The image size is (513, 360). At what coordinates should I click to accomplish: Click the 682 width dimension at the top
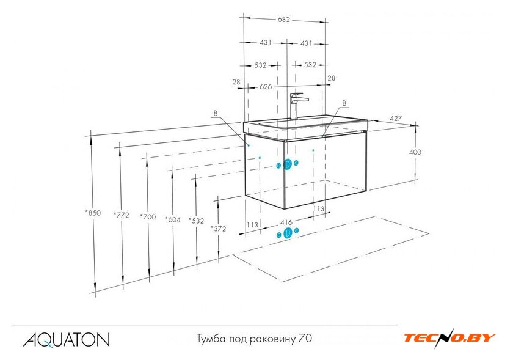(x=283, y=20)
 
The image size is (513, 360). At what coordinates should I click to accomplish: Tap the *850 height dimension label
(x=93, y=213)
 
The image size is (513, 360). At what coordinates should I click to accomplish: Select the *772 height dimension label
(x=122, y=215)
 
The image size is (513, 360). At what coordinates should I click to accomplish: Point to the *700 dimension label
(x=148, y=216)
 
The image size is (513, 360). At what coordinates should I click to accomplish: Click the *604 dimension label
(x=173, y=219)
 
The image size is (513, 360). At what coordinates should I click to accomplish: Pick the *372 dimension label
(x=218, y=229)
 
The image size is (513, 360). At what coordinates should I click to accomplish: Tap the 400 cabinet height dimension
(x=415, y=152)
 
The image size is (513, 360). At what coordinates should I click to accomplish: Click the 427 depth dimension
(x=396, y=118)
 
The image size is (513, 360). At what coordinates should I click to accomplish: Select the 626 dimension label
(x=266, y=87)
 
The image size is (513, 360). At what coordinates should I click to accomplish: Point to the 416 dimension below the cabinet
(x=286, y=222)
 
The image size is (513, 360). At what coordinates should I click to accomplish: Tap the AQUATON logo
(x=67, y=340)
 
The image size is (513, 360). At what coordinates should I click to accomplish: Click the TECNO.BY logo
(x=449, y=338)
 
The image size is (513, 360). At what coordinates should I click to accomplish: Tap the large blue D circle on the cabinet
(x=288, y=164)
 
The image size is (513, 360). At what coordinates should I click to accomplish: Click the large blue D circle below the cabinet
(x=288, y=233)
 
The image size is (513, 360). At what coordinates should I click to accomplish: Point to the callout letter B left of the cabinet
(x=215, y=113)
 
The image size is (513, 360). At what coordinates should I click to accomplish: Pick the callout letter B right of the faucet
(x=344, y=103)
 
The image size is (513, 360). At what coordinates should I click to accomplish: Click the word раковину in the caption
(x=273, y=339)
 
